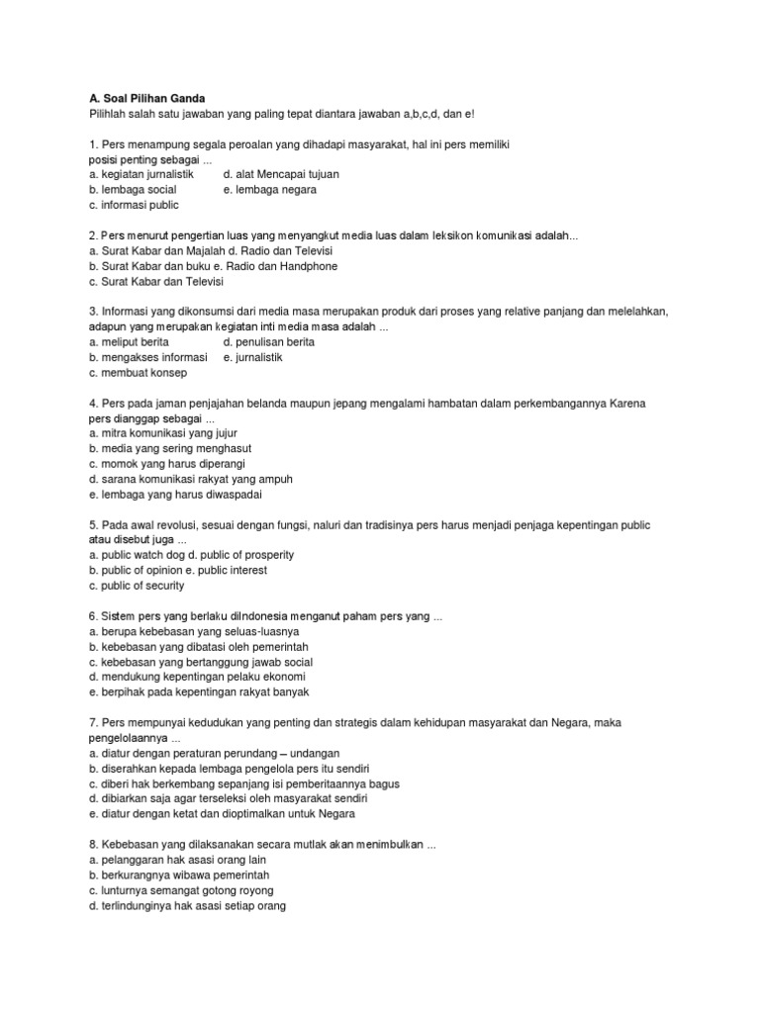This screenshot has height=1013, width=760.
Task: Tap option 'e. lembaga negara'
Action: pos(270,190)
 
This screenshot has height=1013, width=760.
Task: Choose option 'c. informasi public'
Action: pos(134,205)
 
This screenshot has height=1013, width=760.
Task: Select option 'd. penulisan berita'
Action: pos(269,342)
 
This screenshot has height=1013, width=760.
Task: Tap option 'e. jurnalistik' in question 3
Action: pos(252,357)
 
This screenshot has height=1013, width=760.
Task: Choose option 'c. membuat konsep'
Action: pos(137,373)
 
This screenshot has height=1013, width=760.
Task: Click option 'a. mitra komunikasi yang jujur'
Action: pos(162,433)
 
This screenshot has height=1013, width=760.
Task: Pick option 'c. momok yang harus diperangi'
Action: pos(166,464)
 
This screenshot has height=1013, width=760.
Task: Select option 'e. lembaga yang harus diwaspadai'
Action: pos(175,495)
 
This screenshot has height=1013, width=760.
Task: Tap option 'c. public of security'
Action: pos(137,586)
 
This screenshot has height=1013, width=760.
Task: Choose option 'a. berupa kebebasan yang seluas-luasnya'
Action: pos(193,631)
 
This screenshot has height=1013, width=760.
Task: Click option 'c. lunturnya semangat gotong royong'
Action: pos(180,890)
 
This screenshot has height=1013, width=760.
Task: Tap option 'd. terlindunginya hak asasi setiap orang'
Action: pos(186,905)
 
